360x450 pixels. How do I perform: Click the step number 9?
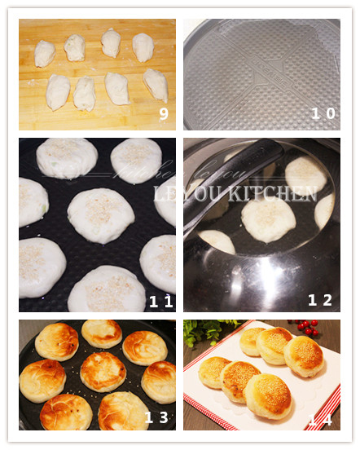pos(163,114)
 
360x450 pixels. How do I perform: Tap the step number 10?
pos(323,114)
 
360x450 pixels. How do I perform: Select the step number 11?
pos(160,301)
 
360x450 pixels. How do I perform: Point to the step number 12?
pos(320,301)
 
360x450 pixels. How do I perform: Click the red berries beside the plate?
pos(308,328)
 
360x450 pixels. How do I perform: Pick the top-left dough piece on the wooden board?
pos(45,54)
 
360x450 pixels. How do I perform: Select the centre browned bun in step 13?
pos(103,371)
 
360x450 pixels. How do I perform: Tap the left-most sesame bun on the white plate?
pos(214,372)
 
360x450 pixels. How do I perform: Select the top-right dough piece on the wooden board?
pos(143,47)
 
